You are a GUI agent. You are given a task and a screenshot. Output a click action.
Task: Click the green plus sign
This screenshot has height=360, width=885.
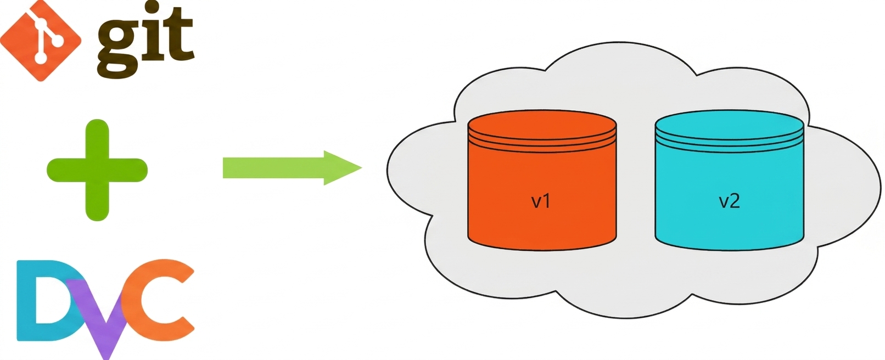(97, 170)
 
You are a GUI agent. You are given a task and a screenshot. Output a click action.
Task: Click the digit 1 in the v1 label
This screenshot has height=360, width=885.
(547, 201)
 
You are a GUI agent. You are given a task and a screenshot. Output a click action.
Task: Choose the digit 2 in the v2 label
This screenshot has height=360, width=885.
(735, 201)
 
